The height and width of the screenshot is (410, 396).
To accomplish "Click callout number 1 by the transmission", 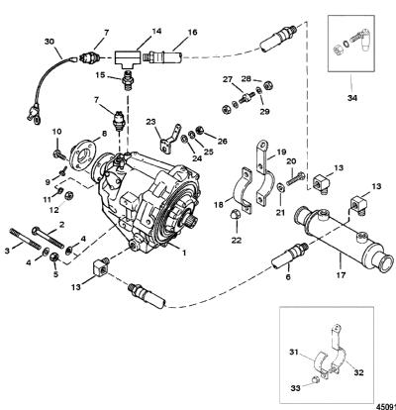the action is [x=184, y=253].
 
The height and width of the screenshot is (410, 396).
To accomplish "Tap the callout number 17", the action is [x=341, y=274].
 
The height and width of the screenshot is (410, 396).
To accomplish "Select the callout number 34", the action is [x=351, y=98].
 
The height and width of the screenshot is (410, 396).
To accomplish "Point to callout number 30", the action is [x=49, y=42].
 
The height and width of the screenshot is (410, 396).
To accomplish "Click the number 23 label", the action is [x=151, y=122].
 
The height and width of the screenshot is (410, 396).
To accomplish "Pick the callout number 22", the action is [x=237, y=240].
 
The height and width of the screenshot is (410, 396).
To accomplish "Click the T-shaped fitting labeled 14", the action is [x=128, y=58].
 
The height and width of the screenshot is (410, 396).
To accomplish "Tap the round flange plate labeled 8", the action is [x=83, y=155].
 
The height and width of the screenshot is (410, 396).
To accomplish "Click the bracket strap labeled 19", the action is [x=265, y=171].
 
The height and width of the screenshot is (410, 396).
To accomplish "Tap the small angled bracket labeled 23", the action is [x=170, y=139].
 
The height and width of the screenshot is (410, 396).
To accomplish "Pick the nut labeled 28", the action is [x=268, y=85].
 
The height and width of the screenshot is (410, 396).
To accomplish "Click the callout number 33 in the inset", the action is [x=295, y=388].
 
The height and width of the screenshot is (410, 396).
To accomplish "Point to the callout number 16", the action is [x=192, y=33].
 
